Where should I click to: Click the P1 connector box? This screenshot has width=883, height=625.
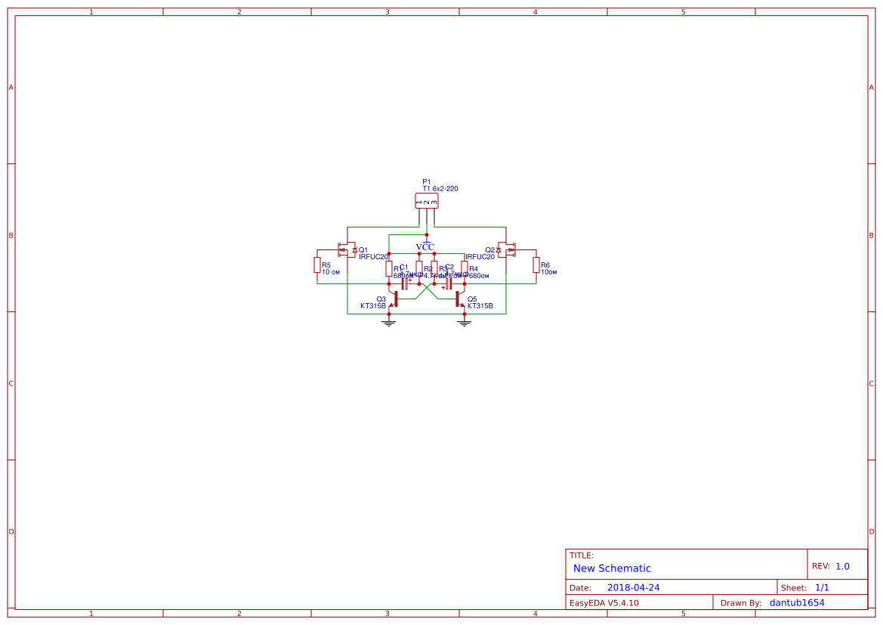pos(427,200)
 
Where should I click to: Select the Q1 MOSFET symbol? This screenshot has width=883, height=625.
pos(347,249)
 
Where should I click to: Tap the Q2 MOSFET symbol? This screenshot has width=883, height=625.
pos(507,249)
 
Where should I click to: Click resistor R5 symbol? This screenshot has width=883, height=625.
pos(317,265)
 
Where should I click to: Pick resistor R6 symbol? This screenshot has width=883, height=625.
pos(536,265)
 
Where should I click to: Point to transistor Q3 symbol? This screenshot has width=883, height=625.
pos(393,299)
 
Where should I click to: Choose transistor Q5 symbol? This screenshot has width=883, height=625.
pos(460,299)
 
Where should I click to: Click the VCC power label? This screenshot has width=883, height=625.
pos(425,246)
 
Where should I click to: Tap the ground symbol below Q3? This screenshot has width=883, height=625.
pos(389,323)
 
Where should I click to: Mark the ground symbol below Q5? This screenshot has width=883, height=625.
pos(465,323)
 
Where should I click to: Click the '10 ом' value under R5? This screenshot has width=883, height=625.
pos(331,272)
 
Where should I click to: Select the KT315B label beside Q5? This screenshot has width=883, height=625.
pos(480,306)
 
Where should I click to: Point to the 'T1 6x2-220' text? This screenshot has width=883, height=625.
pos(440,188)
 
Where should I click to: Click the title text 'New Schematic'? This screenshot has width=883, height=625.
pos(612,568)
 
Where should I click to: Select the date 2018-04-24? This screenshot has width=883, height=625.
pos(633,587)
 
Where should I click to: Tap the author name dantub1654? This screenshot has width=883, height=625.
pos(797,603)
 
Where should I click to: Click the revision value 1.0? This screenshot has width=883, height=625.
pos(842,566)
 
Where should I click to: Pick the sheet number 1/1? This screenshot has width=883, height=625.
pos(822,587)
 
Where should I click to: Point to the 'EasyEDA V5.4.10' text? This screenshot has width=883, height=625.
pos(604,603)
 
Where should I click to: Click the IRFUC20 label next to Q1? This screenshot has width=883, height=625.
pos(373,257)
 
